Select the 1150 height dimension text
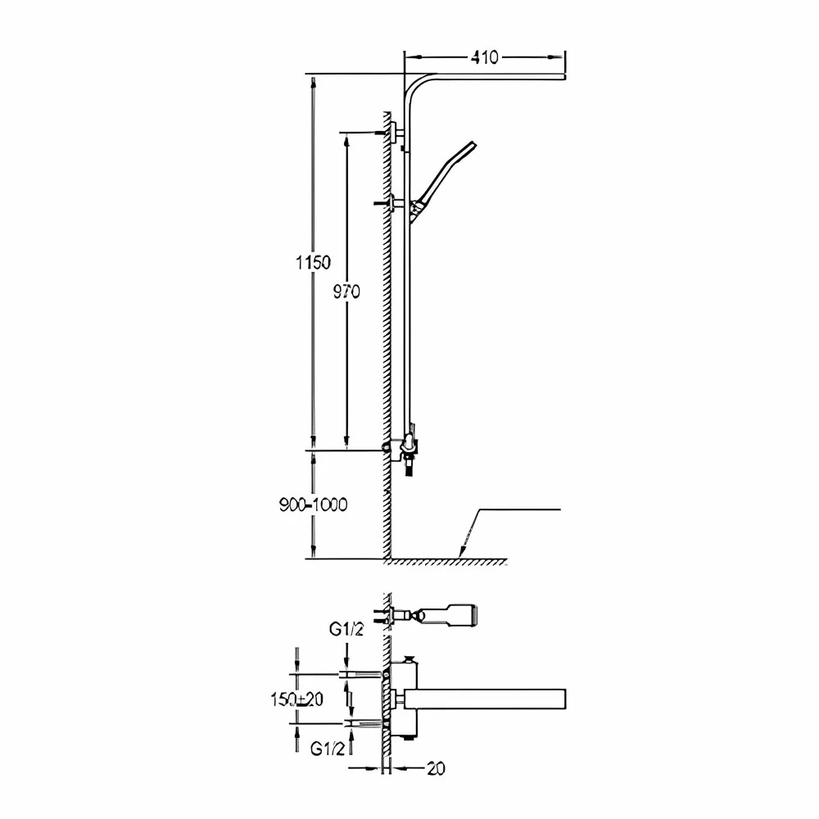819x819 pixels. click(x=314, y=262)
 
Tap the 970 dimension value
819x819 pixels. click(x=347, y=292)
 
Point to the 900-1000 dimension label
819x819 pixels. click(x=314, y=505)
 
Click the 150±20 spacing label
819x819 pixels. click(x=296, y=699)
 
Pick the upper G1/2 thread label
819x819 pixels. click(x=346, y=629)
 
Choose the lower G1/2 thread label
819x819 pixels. click(x=328, y=749)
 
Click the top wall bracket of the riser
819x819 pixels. click(x=395, y=132)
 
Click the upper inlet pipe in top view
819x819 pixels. click(x=360, y=673)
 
